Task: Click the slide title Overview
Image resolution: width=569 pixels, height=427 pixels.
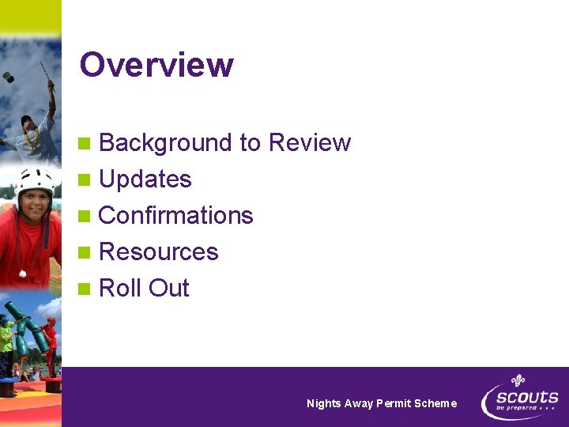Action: tap(156, 65)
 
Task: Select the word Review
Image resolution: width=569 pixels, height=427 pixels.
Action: tap(310, 143)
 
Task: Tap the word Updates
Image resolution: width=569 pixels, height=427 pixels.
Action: tap(145, 180)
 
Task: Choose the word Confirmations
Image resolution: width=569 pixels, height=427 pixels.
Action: tap(176, 216)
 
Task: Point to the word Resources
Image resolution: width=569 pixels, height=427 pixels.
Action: tap(159, 252)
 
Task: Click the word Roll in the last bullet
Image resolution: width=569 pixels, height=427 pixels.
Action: tap(119, 289)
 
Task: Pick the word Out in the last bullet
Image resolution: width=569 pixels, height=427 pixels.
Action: tap(168, 289)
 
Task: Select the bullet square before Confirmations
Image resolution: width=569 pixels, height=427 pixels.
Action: tap(85, 217)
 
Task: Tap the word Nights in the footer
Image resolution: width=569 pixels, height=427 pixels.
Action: tap(324, 403)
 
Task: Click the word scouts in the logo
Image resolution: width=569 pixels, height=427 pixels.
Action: tap(527, 397)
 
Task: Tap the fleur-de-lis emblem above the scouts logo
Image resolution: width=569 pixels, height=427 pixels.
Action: tap(518, 380)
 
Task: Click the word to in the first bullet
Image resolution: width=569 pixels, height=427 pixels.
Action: tap(250, 143)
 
